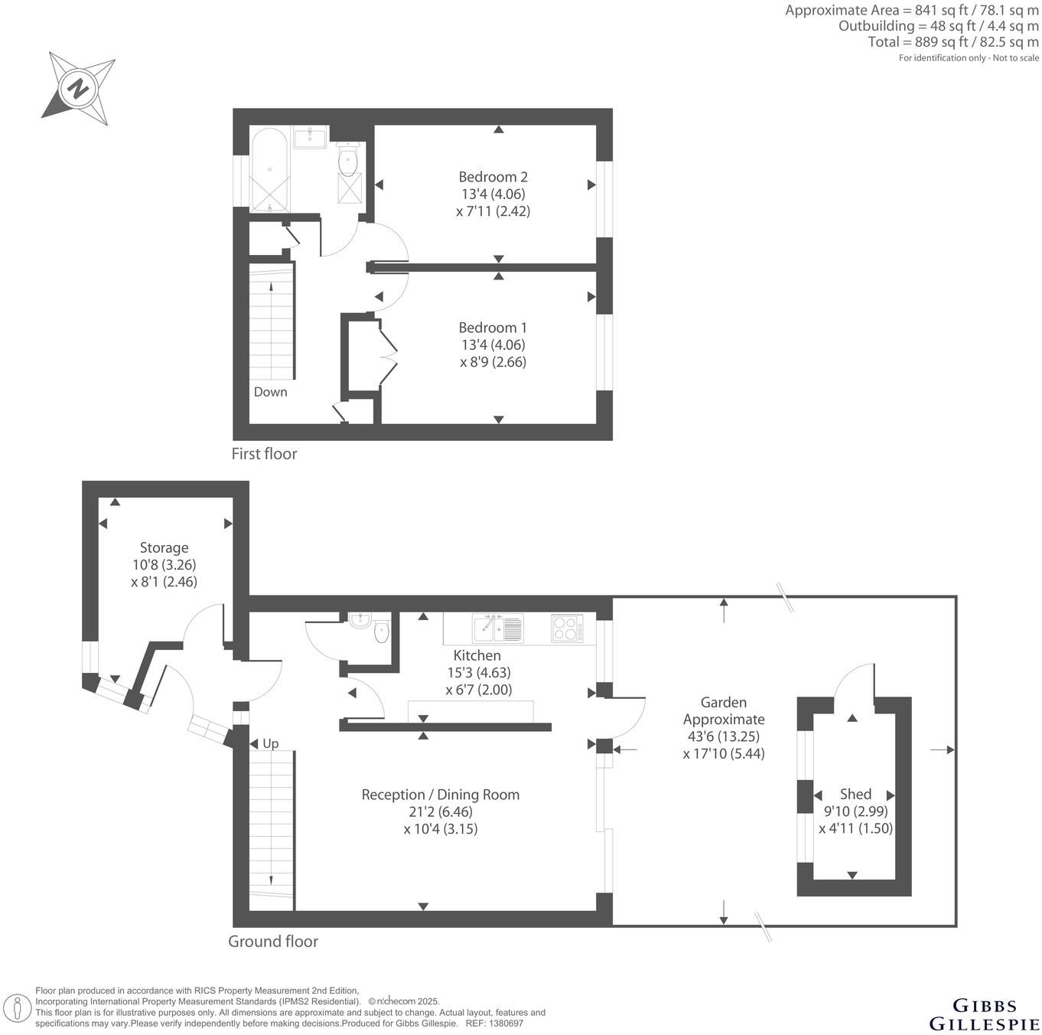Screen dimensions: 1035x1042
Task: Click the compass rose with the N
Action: click(78, 89)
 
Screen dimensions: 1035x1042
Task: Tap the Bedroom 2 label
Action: click(493, 177)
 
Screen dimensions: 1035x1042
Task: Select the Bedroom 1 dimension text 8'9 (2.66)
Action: click(493, 362)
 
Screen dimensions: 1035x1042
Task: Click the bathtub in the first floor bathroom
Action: click(269, 169)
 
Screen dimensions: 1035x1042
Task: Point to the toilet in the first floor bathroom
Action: click(348, 160)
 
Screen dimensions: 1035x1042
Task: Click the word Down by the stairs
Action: click(270, 392)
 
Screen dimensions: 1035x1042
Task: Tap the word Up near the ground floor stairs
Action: click(271, 743)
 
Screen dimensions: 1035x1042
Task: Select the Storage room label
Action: click(164, 548)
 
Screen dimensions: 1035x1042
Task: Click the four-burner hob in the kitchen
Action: click(567, 628)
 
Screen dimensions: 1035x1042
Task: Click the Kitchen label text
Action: click(477, 655)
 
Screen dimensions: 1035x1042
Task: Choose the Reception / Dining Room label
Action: click(440, 795)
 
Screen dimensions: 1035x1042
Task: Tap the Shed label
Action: click(855, 794)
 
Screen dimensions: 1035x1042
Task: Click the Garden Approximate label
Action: click(724, 710)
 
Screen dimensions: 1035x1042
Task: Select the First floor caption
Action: click(264, 454)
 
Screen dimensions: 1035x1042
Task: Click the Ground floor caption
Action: click(273, 942)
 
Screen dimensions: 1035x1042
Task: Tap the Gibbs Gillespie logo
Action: click(984, 1014)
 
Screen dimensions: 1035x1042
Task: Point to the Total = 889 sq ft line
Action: click(953, 42)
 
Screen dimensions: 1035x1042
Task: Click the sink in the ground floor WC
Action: click(360, 620)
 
